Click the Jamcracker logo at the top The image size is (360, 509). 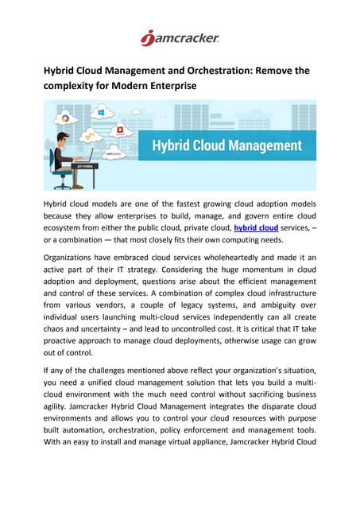tap(180, 37)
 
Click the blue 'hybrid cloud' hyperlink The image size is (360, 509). tap(255, 229)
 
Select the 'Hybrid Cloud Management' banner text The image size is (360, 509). tap(227, 146)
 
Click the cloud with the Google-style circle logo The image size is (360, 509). tap(64, 120)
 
